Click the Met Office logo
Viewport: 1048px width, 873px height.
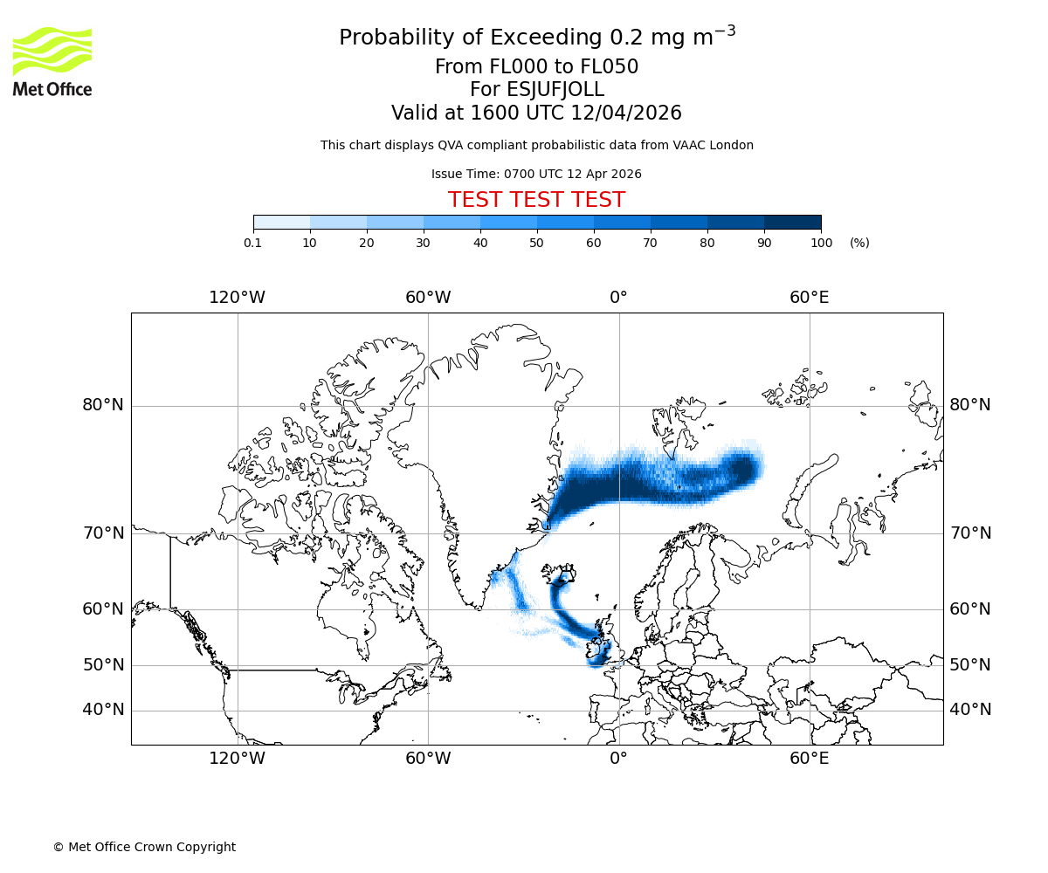[x=52, y=61]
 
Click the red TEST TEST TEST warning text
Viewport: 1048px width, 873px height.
[x=536, y=200]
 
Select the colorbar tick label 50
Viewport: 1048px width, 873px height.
[x=536, y=243]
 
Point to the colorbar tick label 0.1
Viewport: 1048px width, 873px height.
[x=253, y=243]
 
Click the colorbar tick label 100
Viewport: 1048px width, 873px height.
[x=821, y=243]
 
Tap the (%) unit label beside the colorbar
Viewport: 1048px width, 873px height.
[x=859, y=243]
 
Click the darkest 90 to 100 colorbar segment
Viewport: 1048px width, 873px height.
[x=792, y=222]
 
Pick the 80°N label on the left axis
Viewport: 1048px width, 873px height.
[x=103, y=405]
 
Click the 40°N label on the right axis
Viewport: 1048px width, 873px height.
[x=970, y=710]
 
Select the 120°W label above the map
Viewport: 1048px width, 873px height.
[x=237, y=298]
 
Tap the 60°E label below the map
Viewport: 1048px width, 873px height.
[x=810, y=758]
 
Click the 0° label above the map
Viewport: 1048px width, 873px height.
[x=618, y=298]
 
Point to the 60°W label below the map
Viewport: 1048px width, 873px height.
[x=428, y=758]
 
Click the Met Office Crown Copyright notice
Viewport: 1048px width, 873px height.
[x=144, y=847]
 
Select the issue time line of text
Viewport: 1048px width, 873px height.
[x=536, y=174]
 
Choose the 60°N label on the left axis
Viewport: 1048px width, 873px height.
[x=103, y=609]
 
